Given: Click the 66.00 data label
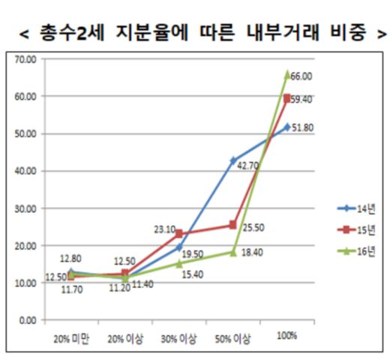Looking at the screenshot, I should [301, 76].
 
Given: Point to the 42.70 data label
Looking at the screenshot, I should [248, 165].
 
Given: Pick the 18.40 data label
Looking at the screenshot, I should [253, 253].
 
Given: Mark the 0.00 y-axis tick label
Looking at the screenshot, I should [27, 320].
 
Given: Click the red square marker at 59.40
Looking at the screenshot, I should [287, 97].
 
